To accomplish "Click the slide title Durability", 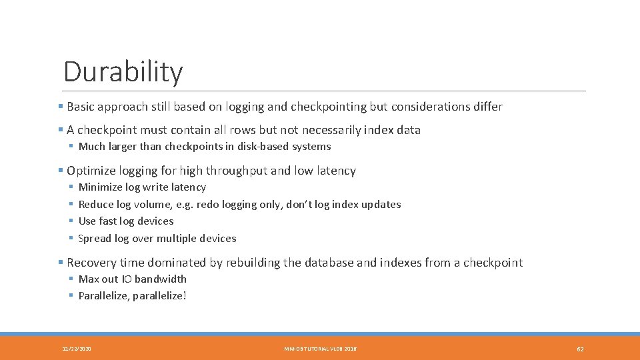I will (123, 72).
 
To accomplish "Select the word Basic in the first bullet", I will (81, 107).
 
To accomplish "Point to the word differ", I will (489, 107).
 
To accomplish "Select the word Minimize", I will (100, 187).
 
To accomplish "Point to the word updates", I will (381, 205).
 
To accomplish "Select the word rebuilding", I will (253, 263).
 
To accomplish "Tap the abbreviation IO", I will (126, 279).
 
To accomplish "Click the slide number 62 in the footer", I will (580, 349).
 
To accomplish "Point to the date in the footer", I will (77, 349).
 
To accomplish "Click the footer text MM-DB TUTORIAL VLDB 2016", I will (320, 349).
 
